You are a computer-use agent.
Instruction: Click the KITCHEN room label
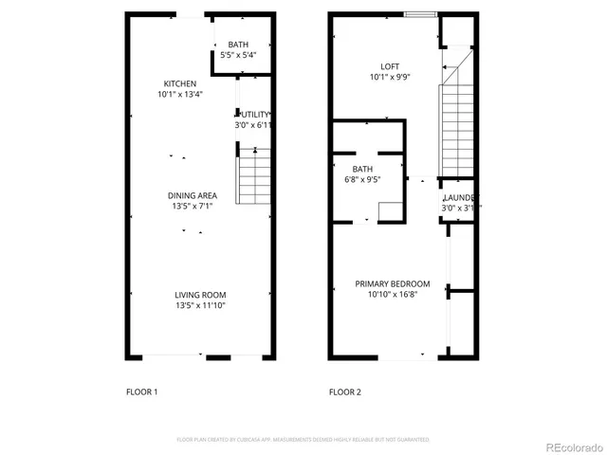tap(179, 83)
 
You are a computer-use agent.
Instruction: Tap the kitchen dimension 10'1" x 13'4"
tap(180, 94)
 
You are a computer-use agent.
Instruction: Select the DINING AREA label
tap(193, 195)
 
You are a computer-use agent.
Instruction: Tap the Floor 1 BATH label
tap(238, 45)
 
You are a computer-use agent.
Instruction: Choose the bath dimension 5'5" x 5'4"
tap(238, 55)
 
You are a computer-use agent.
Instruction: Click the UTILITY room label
tap(254, 115)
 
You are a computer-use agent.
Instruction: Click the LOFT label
tap(390, 66)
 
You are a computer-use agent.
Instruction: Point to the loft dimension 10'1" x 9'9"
tap(390, 77)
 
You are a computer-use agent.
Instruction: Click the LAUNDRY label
tap(461, 197)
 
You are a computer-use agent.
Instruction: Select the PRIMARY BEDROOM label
tap(393, 283)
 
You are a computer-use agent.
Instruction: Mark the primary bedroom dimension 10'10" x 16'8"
tap(393, 294)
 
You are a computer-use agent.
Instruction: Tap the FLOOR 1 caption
tap(142, 391)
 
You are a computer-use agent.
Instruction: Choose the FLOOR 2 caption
tap(344, 391)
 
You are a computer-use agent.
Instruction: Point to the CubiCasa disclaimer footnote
tap(303, 440)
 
